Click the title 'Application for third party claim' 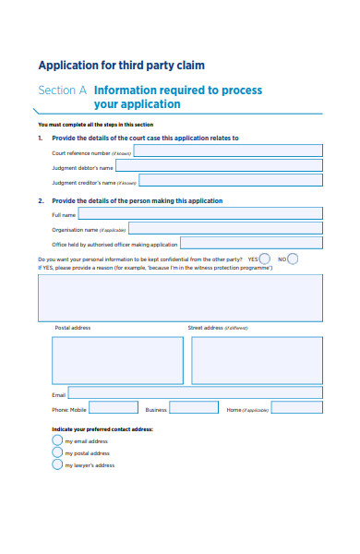click(120, 66)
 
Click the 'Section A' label click(62, 90)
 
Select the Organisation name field click(225, 228)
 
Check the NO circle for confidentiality click(293, 259)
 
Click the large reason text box click(180, 296)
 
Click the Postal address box click(104, 360)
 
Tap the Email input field click(196, 392)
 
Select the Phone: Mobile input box click(114, 408)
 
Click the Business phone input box click(194, 408)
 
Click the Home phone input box click(297, 408)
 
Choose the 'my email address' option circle click(57, 441)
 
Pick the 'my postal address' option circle click(57, 453)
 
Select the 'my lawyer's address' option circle click(57, 465)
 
